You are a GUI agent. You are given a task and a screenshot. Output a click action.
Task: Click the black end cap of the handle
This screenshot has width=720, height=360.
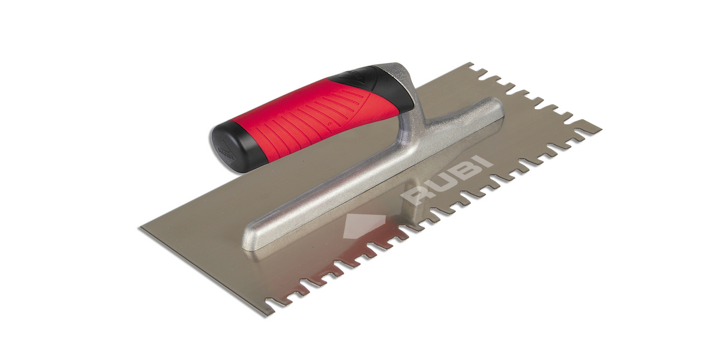coord(227,148)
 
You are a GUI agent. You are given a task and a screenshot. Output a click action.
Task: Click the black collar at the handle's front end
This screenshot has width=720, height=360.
coord(376,87)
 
